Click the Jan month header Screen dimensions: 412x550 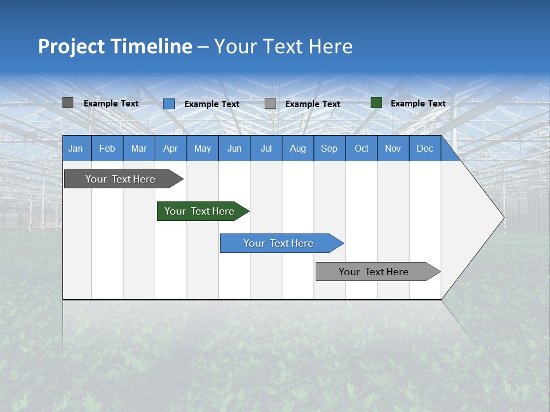(76, 148)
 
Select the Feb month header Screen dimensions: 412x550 (107, 148)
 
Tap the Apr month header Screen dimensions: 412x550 (170, 148)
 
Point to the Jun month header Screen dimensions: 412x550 (234, 148)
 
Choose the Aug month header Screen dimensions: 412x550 (297, 148)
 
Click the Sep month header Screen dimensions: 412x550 (329, 148)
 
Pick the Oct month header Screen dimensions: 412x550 (362, 148)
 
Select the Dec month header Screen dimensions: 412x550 (425, 148)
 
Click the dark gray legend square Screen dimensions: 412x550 (68, 103)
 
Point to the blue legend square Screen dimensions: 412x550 (169, 104)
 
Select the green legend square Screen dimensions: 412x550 (376, 103)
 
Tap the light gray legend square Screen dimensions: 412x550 (270, 104)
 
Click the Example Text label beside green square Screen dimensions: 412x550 (418, 104)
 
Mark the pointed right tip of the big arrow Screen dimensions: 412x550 (503, 217)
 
